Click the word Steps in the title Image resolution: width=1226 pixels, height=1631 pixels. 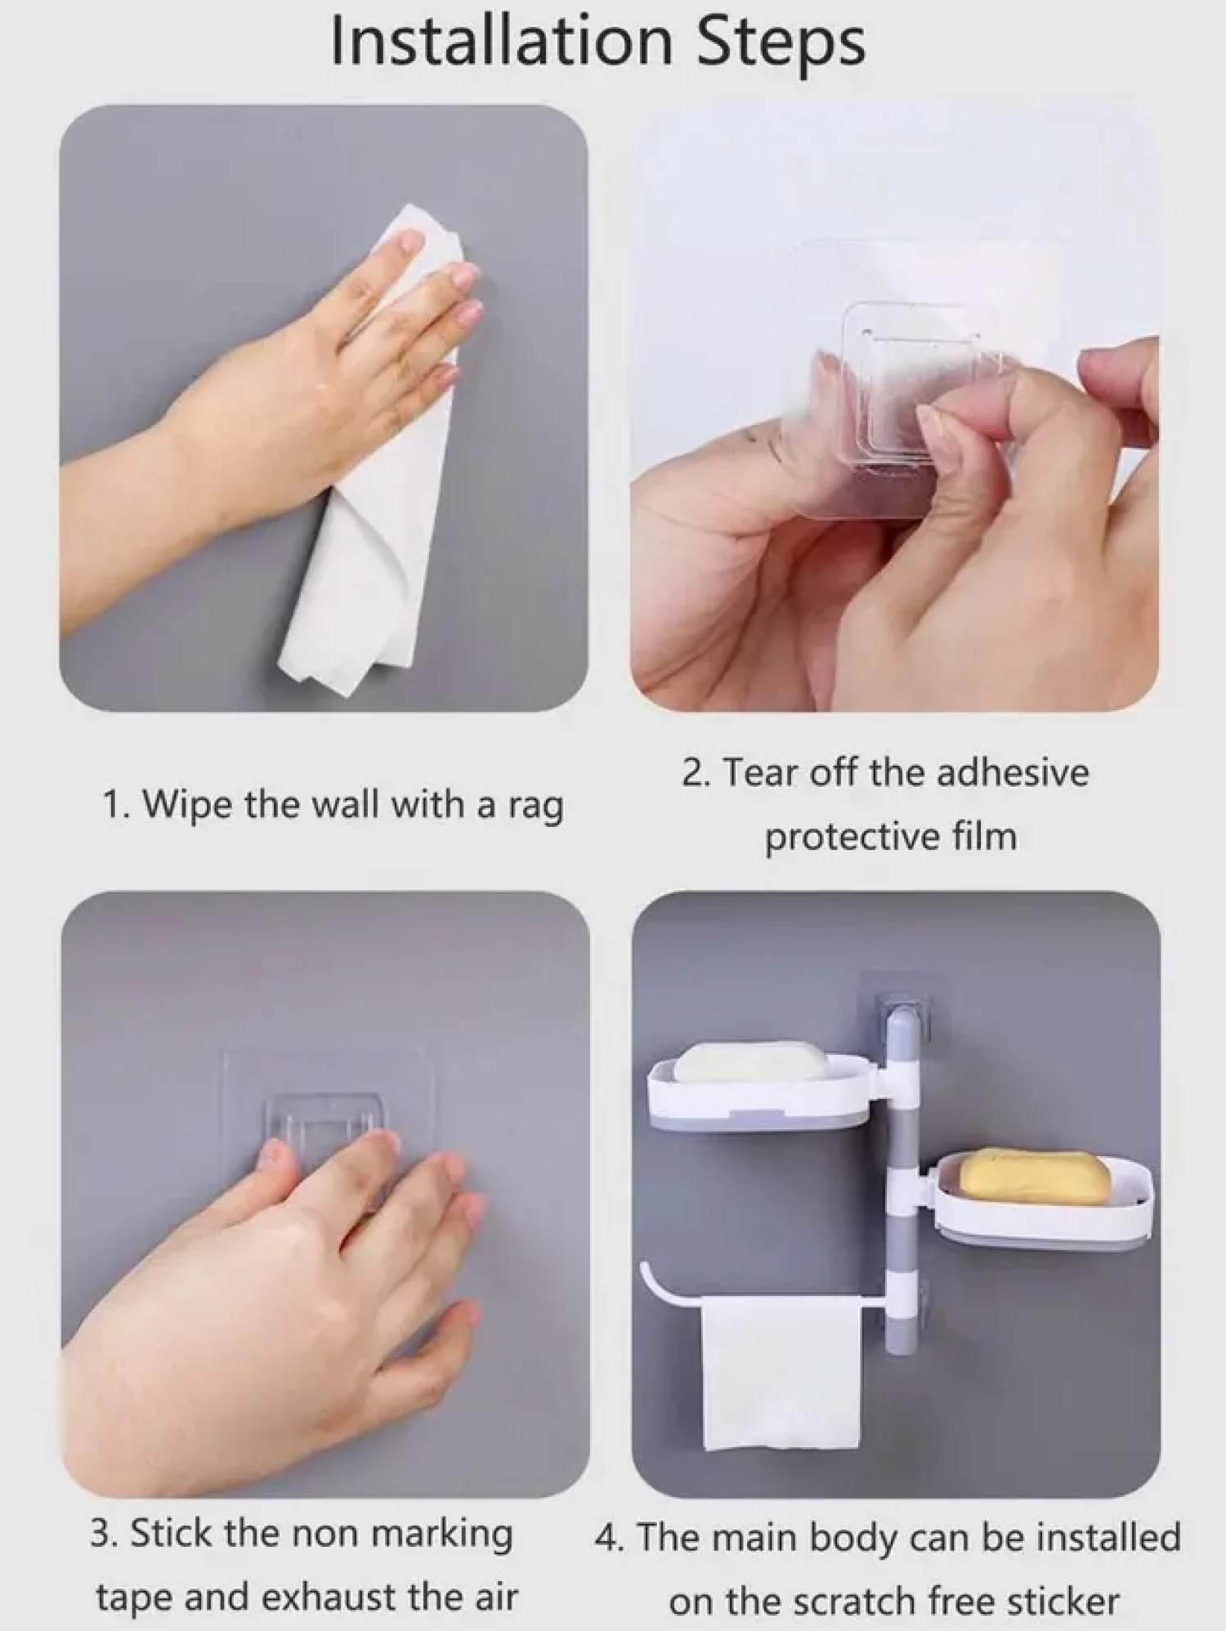[781, 45]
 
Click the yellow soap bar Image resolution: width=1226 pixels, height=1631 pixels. [1034, 1177]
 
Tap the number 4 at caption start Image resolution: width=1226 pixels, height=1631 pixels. [606, 1538]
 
